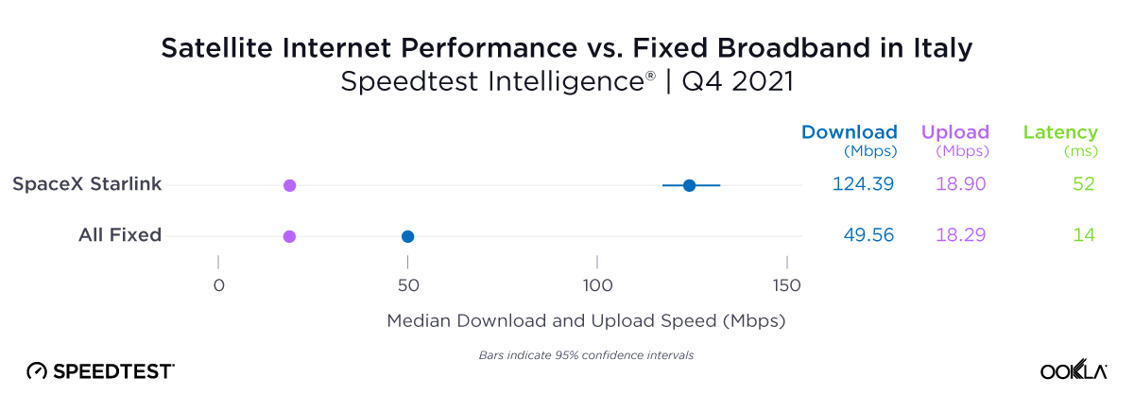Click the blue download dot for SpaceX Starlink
689,185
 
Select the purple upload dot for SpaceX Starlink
290,185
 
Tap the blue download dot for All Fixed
407,236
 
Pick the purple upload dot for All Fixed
290,236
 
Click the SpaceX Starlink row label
87,184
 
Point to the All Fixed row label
120,235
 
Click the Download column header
849,132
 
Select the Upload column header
954,132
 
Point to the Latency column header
1060,132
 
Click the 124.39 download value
863,184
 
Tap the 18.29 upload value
960,235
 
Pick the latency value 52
1083,184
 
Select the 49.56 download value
868,235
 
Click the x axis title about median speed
586,321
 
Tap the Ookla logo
1073,370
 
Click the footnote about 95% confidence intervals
580,355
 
